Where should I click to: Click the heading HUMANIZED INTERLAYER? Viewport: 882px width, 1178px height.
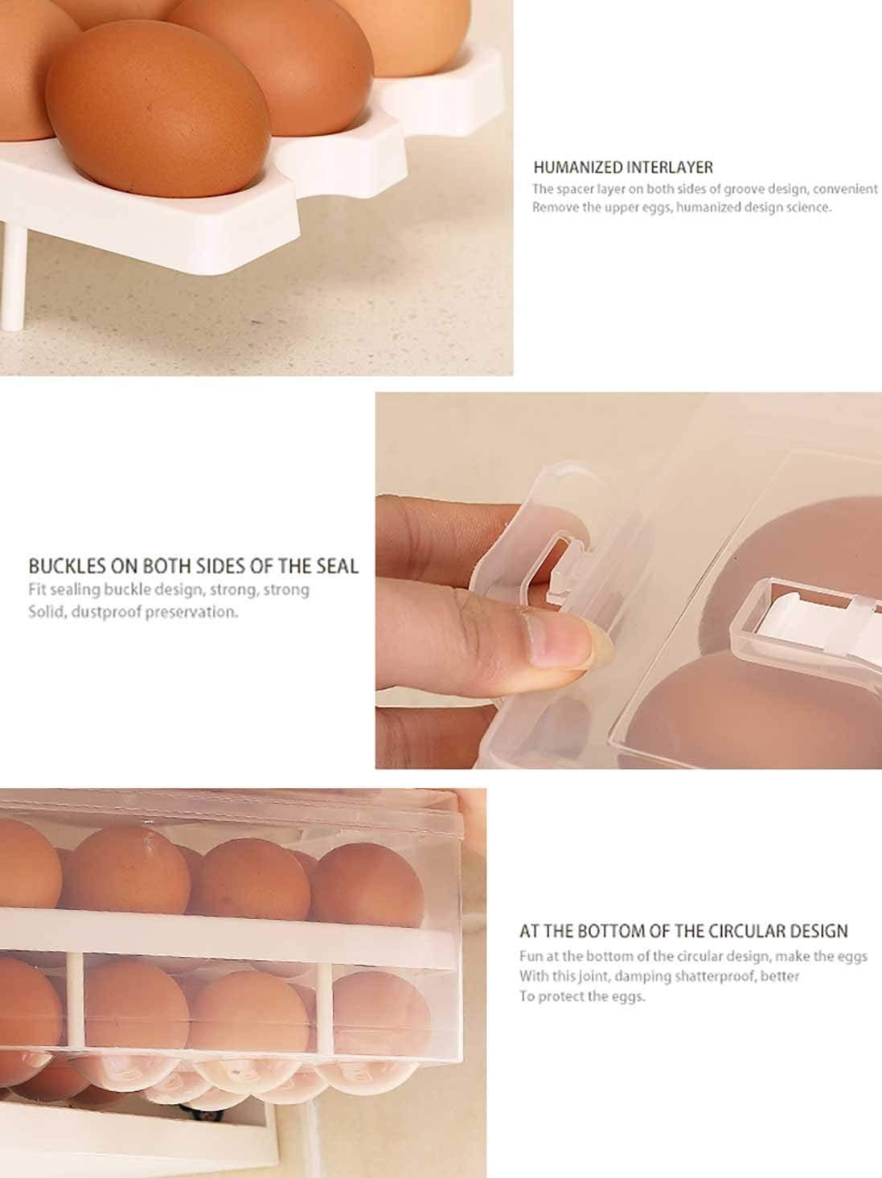[x=623, y=167]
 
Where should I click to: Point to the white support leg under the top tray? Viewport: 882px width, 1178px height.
[x=12, y=277]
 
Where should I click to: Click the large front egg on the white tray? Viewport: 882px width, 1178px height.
[x=158, y=109]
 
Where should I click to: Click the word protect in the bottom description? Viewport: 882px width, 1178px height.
[x=562, y=996]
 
